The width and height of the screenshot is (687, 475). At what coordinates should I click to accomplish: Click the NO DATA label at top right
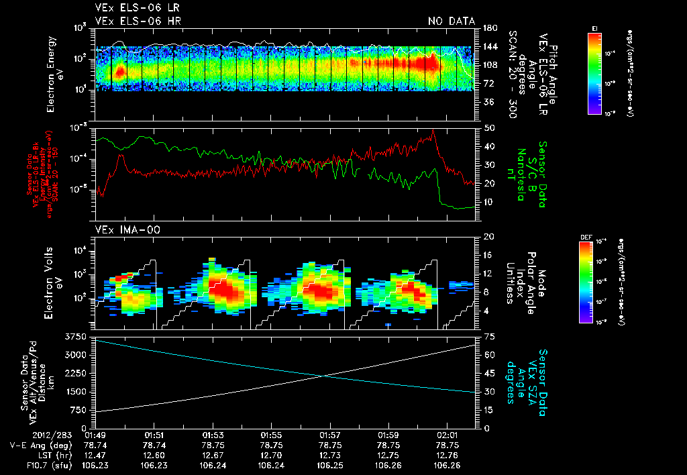point(451,21)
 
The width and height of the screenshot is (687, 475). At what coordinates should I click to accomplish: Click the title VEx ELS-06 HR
point(138,21)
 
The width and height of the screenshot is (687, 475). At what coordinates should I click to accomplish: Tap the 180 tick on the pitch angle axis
point(489,28)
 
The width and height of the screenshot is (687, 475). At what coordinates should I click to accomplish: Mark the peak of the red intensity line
point(433,130)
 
